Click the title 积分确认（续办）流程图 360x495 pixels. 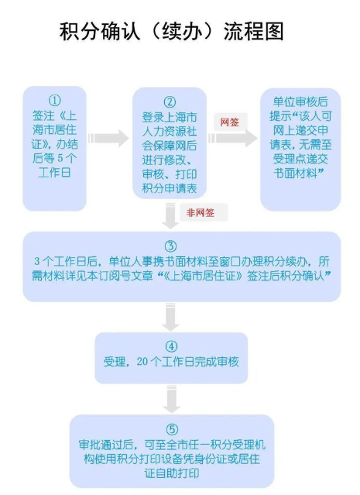coord(171,31)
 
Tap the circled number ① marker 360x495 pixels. coord(55,101)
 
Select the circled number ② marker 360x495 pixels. coord(170,102)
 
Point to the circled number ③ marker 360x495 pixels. coord(170,246)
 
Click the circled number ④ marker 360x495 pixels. coord(171,346)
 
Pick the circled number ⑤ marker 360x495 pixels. coord(172,430)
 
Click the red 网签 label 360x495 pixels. coord(230,122)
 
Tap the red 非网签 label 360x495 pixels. coord(200,212)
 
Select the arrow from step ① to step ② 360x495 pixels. coord(108,138)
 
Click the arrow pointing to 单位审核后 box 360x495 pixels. coord(233,138)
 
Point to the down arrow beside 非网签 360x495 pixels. coord(170,215)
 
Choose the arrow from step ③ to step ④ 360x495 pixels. coord(170,317)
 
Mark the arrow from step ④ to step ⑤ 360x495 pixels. coord(172,399)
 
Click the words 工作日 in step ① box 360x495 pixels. coord(54,173)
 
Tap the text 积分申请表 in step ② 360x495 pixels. coord(170,188)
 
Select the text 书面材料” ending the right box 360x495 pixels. coord(299,173)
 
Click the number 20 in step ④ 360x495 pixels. coord(142,362)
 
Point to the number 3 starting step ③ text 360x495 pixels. coord(37,261)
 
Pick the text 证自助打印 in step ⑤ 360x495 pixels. coord(172,473)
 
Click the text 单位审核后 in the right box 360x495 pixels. coord(300,101)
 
